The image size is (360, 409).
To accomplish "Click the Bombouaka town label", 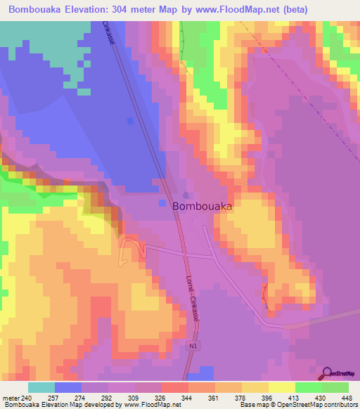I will [x=202, y=207].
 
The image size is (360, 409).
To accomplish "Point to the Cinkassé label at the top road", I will [x=109, y=34].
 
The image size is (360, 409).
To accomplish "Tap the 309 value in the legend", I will [x=136, y=398].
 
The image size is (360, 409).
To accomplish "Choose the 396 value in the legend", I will [x=266, y=398].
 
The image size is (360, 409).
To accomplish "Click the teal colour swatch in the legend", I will [x=41, y=387].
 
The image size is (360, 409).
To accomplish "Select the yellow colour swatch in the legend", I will [x=282, y=387].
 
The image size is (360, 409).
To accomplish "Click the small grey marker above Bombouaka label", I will [x=186, y=195].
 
